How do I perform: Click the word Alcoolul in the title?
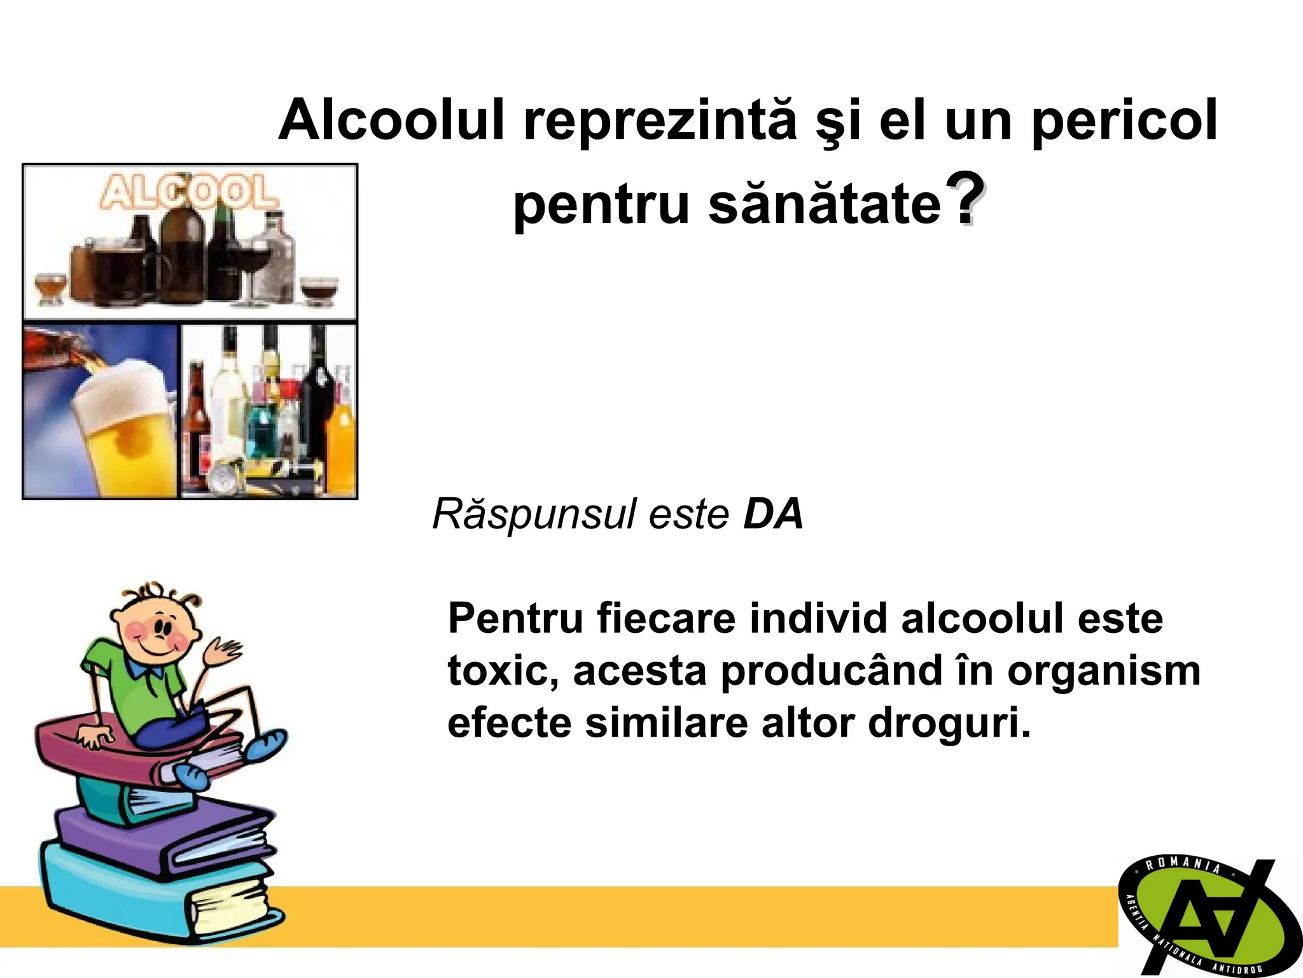391,121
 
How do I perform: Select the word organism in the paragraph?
1103,671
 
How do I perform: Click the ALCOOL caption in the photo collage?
188,192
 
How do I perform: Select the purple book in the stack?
159,834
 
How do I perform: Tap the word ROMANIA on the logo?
1182,864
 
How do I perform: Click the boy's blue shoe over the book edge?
266,745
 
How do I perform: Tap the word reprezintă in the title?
660,121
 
